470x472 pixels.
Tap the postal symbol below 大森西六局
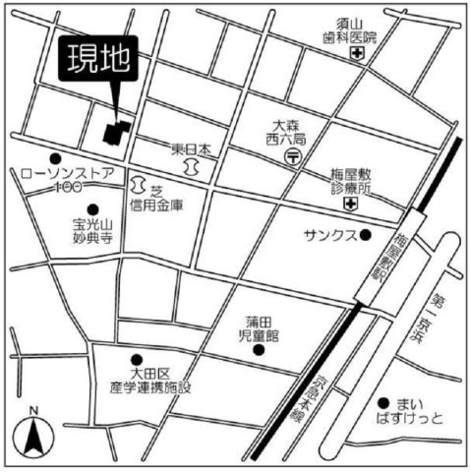[291, 157]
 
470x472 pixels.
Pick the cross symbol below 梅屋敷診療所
[351, 204]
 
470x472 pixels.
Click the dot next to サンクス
[365, 235]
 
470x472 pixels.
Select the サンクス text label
[331, 236]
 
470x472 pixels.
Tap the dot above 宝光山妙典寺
[92, 209]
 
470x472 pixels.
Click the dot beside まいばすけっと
[382, 402]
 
